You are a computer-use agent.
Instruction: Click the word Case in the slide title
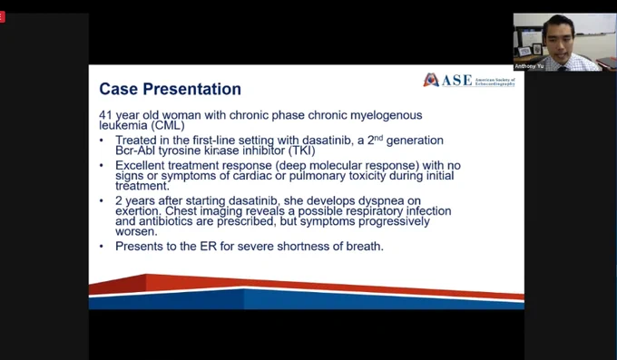[119, 89]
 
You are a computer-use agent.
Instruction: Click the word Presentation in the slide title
[191, 89]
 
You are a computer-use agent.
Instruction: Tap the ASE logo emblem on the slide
[431, 80]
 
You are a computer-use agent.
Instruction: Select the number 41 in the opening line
[106, 115]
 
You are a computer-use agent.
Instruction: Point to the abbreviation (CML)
[168, 125]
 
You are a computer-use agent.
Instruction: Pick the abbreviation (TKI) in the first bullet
[302, 151]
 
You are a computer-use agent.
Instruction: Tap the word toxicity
[367, 176]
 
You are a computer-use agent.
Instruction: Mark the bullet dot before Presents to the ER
[102, 247]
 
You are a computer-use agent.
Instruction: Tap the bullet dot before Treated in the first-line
[102, 141]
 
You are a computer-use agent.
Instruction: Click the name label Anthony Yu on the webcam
[529, 66]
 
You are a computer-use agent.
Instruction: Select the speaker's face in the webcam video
[560, 42]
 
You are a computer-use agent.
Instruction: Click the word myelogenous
[386, 115]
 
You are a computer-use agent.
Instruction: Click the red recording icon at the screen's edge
[2, 17]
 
